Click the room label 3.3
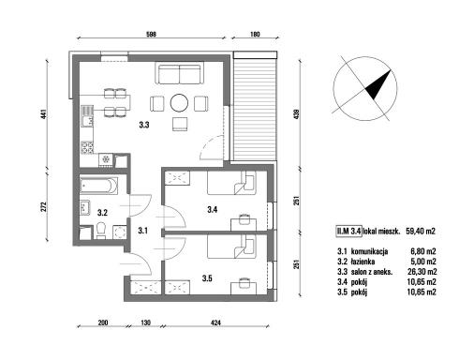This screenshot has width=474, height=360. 144,125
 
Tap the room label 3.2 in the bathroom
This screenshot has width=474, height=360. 102,213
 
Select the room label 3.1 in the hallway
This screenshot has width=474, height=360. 142,231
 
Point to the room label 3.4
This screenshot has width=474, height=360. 213,209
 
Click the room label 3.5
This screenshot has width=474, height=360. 207,277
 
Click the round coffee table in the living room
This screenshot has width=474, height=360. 179,103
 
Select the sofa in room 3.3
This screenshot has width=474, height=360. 179,74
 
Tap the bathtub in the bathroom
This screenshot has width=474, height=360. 98,186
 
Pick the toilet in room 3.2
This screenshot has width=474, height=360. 100,231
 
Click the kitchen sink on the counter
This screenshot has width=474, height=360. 87,116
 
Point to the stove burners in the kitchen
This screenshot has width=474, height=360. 87,148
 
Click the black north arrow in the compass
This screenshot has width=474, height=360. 378,85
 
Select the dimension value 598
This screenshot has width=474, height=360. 151,34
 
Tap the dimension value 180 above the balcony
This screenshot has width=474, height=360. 255,34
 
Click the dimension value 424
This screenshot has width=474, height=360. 215,322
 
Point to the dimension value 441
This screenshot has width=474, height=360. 44,114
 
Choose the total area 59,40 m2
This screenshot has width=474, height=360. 420,232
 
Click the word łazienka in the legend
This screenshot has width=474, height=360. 363,262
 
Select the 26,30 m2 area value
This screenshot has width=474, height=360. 422,272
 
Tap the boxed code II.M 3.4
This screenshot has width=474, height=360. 348,232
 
